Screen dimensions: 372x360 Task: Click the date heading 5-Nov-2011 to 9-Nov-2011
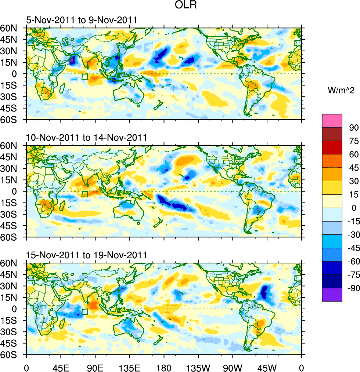pyautogui.click(x=81, y=20)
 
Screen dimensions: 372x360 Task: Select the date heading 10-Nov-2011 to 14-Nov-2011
pyautogui.click(x=86, y=138)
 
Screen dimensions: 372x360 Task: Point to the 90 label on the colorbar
pyautogui.click(x=354, y=127)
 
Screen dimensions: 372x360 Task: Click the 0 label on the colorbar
pyautogui.click(x=354, y=208)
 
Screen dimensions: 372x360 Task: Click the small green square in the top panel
pyautogui.click(x=85, y=77)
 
